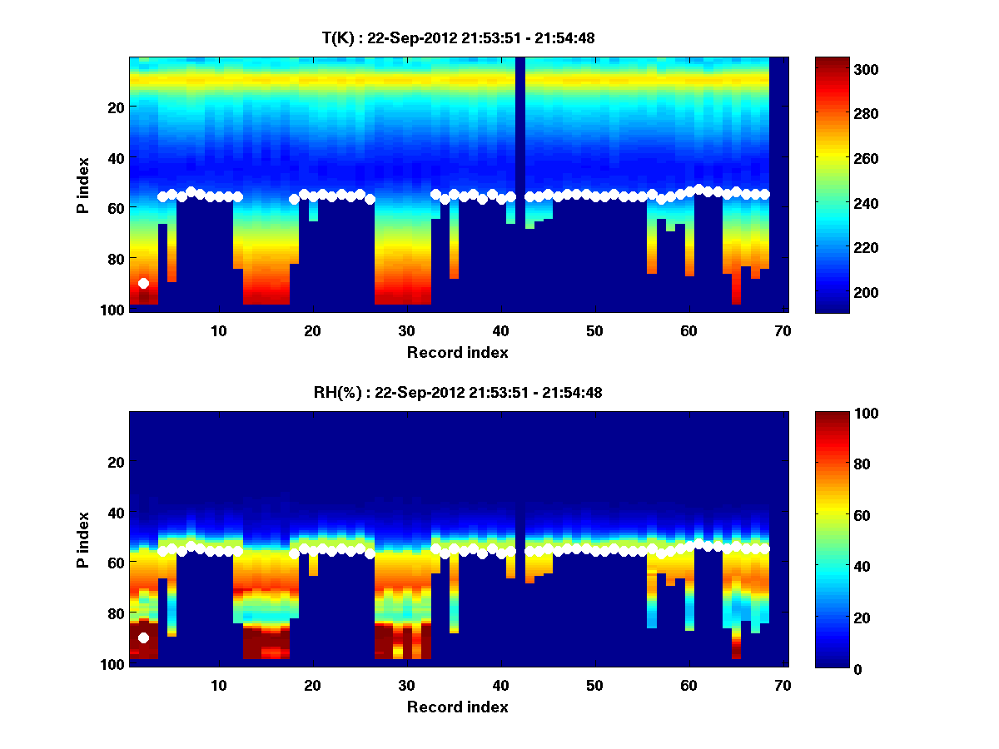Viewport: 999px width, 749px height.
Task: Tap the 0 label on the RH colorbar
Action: (x=831, y=668)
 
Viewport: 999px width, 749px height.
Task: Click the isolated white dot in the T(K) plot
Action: (x=143, y=284)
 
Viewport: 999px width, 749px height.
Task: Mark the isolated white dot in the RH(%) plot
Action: (x=143, y=637)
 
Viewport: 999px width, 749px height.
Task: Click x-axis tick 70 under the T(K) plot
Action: (x=782, y=330)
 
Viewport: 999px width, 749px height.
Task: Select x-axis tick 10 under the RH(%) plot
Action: (x=218, y=685)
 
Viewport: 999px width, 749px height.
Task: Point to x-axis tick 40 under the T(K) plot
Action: (x=500, y=330)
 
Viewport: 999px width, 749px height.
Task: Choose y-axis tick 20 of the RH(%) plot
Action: (x=115, y=462)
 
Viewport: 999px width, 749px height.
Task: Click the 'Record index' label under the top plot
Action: (x=457, y=352)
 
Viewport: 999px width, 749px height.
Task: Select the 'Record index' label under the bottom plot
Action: (x=457, y=707)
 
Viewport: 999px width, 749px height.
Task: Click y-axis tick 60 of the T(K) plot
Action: (x=115, y=208)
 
